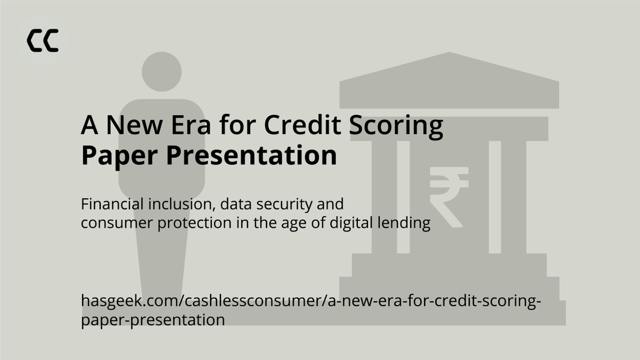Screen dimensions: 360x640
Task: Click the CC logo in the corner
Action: click(x=43, y=41)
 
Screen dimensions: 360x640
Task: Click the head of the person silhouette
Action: click(x=162, y=71)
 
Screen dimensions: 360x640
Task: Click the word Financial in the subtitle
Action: click(x=109, y=204)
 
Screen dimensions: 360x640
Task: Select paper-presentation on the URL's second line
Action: click(x=153, y=320)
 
